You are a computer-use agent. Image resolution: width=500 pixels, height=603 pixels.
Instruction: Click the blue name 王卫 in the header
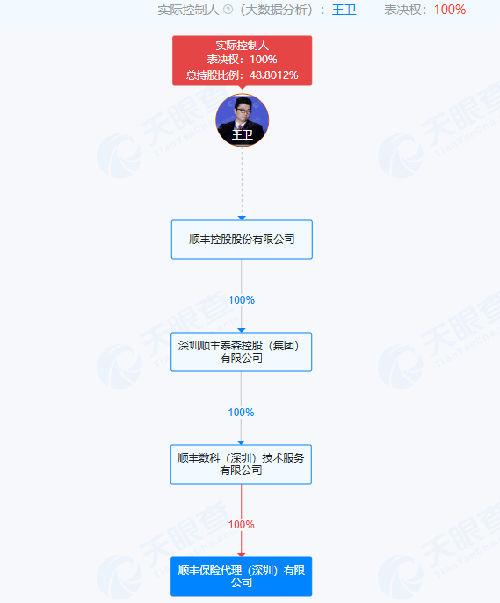344,10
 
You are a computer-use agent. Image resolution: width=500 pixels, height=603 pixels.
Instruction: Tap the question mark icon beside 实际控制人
228,10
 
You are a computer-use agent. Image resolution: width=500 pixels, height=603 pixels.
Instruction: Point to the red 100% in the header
450,10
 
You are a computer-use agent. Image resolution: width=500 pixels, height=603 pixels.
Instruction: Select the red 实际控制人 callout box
243,61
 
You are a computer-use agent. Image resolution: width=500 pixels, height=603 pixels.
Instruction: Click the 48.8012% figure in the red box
273,75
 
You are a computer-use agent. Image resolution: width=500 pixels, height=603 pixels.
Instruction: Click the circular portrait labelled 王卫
243,120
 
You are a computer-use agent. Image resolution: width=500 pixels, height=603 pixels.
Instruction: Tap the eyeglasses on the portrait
243,111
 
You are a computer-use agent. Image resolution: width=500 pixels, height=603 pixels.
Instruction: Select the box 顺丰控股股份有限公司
242,240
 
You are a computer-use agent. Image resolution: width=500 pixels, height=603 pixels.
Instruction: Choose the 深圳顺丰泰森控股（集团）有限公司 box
242,352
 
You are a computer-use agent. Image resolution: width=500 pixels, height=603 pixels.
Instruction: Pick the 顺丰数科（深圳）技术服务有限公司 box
241,464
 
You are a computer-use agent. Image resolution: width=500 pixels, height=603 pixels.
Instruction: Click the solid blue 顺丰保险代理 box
242,577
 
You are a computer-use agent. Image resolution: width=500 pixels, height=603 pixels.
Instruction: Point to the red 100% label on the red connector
242,525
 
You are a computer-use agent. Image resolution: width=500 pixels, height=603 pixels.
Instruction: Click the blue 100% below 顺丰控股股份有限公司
242,300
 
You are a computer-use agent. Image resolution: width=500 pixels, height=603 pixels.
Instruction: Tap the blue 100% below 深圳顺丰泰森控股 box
242,413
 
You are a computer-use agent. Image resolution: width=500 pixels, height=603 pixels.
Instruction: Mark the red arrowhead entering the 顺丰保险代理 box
242,555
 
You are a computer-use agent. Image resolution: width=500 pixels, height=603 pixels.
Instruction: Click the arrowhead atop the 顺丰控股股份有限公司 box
242,218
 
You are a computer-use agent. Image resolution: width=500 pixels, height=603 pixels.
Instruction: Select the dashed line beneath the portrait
243,182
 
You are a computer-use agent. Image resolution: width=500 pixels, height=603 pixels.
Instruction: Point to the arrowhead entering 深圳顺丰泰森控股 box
242,330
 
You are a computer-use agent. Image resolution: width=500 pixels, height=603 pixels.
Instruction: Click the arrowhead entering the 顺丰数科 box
241,442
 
